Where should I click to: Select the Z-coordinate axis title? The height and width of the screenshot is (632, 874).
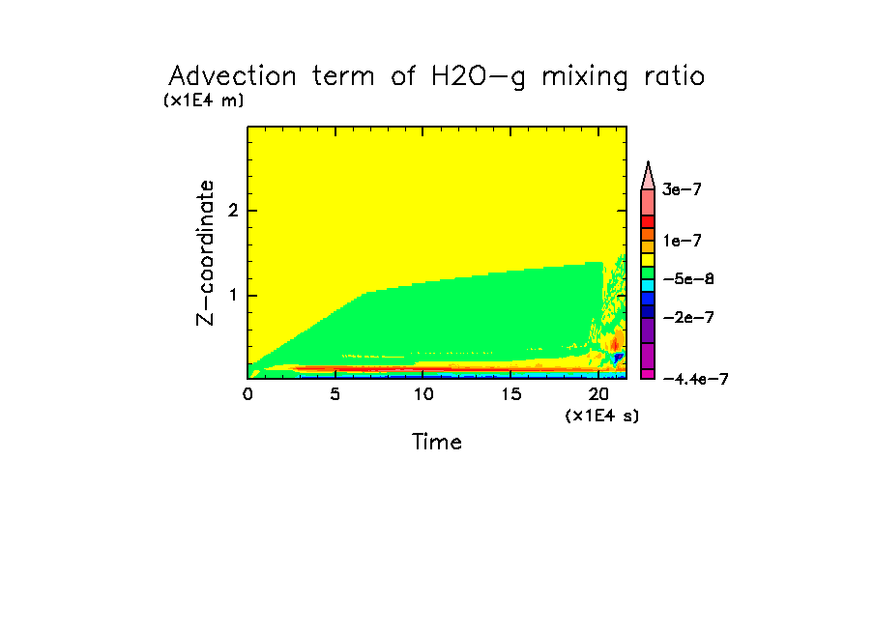[206, 251]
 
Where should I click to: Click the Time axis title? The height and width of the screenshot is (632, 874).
[437, 443]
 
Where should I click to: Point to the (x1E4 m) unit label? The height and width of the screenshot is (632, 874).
[203, 100]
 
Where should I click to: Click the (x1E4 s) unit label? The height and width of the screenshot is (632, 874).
[602, 416]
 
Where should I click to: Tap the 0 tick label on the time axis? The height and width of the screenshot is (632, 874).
[248, 394]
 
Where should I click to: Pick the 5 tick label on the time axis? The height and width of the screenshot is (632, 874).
[335, 394]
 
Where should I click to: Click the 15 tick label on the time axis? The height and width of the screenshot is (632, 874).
[511, 394]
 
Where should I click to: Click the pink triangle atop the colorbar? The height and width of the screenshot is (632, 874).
[649, 174]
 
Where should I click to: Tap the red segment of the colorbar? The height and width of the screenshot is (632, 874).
[648, 221]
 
